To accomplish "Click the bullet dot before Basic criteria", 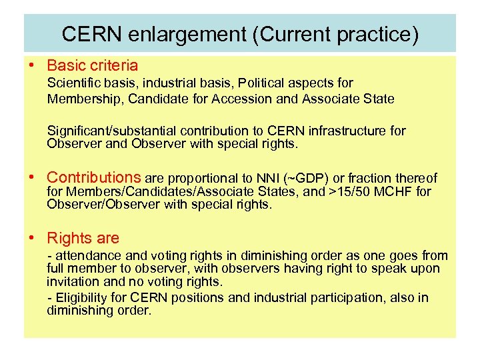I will (x=31, y=65).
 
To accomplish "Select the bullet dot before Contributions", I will (x=31, y=177).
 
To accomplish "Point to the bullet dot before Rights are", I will (x=31, y=238).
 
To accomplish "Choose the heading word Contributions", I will (x=94, y=177).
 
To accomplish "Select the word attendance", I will (x=83, y=255).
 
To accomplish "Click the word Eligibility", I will (x=83, y=298).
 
